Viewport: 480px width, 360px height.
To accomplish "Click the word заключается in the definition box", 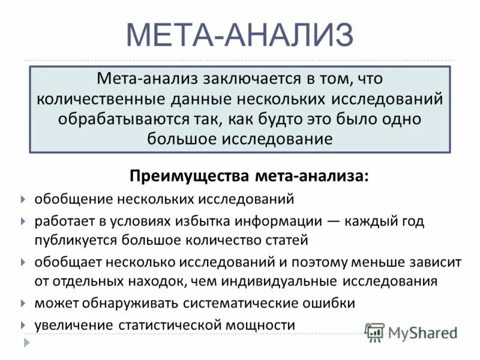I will (235, 79).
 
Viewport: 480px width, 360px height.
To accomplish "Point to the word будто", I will (293, 118).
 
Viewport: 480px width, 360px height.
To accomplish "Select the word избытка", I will (213, 221).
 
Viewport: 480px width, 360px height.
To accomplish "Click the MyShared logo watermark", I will (412, 332).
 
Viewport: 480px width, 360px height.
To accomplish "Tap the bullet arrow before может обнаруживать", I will (23, 303).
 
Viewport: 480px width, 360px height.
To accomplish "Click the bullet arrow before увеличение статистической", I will (23, 325).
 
